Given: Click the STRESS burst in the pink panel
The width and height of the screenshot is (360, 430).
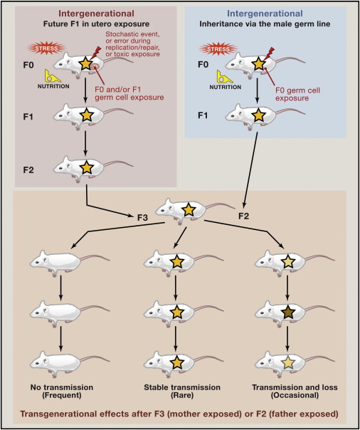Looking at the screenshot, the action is [43, 49].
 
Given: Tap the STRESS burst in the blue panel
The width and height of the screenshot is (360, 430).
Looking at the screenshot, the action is [215, 49].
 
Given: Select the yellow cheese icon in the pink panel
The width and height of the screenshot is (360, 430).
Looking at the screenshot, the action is [53, 75].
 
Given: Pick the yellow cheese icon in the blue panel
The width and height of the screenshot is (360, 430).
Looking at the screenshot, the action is [225, 76].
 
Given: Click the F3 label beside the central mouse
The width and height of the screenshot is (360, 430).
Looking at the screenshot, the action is [142, 218].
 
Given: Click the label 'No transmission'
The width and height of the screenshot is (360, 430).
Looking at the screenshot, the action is [62, 387].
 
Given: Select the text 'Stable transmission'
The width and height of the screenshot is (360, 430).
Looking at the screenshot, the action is [182, 387].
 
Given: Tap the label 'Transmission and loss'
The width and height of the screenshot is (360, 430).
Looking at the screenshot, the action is [295, 387].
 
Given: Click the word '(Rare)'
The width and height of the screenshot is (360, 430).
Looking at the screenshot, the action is [182, 395].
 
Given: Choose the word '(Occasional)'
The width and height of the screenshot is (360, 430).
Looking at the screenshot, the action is [295, 395].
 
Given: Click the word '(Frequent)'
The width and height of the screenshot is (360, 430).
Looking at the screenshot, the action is [62, 395].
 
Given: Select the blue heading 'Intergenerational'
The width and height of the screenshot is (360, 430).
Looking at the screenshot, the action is [265, 13].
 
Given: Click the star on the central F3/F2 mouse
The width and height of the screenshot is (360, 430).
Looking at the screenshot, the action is [189, 210].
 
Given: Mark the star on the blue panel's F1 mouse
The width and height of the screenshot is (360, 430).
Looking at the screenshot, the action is [258, 115].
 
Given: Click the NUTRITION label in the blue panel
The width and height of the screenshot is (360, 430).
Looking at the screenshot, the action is [226, 88].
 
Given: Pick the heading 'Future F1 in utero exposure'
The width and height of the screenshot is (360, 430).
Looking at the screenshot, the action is [96, 24].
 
